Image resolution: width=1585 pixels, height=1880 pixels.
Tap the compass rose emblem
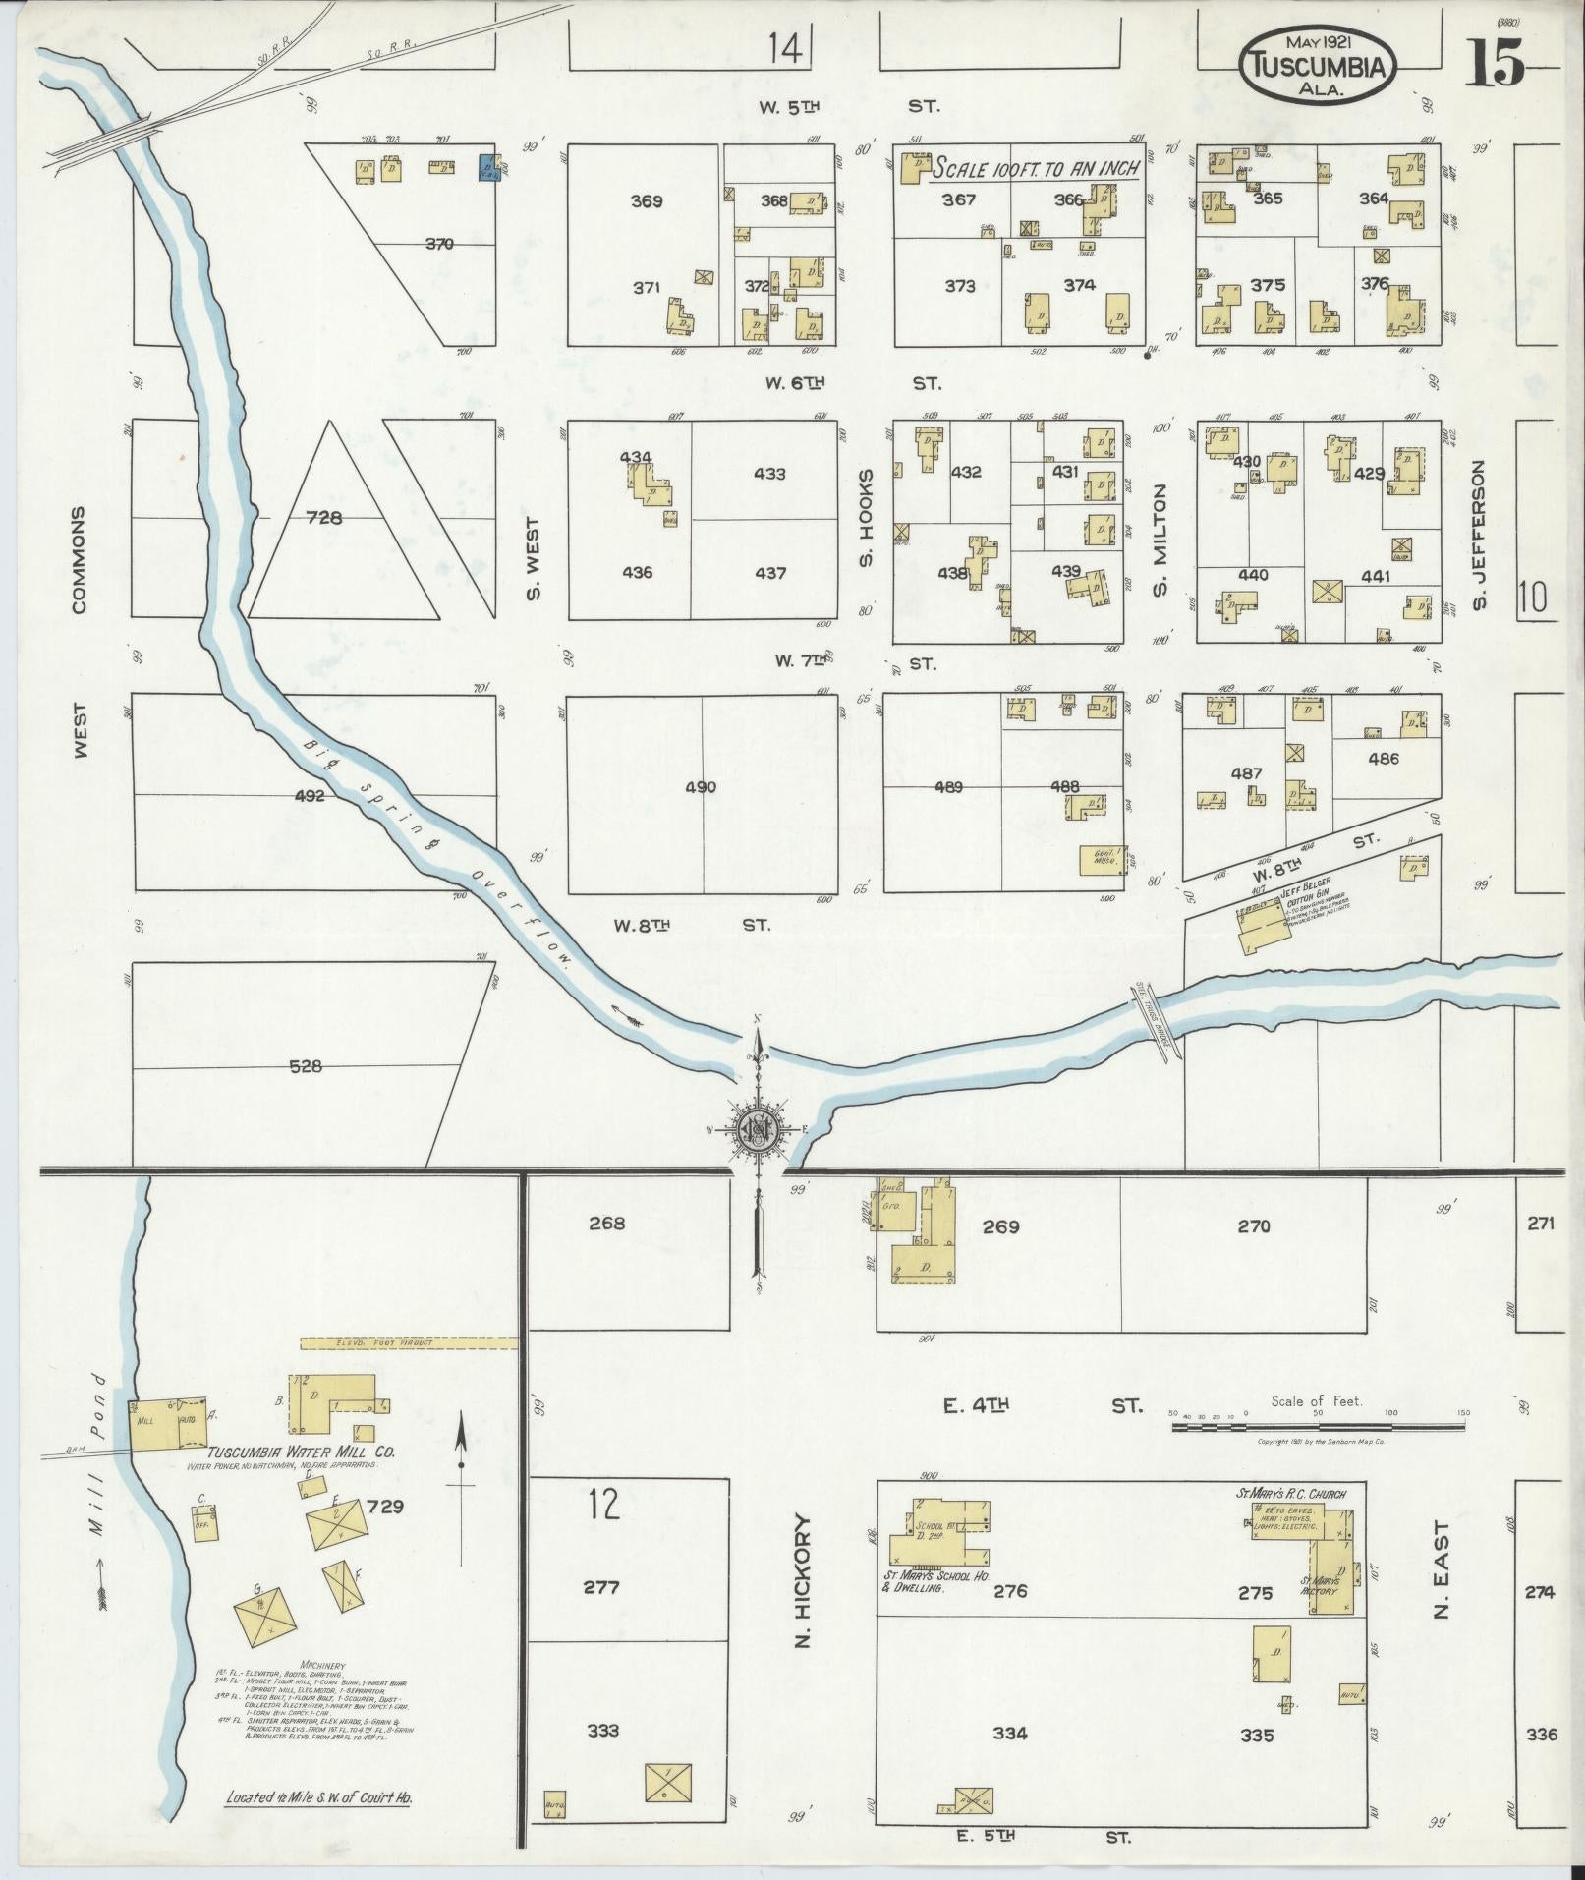point(758,1130)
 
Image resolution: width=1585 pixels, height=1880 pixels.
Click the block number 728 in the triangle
point(323,517)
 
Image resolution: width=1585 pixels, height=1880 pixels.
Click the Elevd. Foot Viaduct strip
point(409,1341)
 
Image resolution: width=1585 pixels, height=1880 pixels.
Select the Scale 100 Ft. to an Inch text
point(1036,168)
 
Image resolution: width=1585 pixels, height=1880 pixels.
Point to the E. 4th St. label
point(1042,1406)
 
